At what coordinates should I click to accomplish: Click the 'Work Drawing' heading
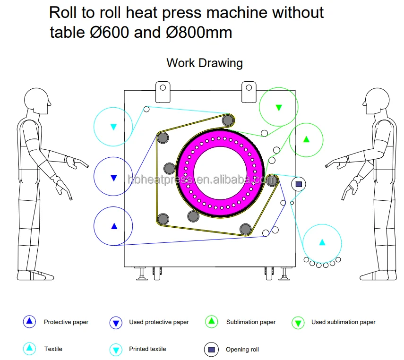click(x=205, y=63)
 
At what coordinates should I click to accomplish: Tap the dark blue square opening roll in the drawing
click(x=299, y=184)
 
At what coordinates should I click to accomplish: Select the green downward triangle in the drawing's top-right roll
click(x=279, y=108)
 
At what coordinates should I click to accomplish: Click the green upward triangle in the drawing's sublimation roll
click(x=306, y=139)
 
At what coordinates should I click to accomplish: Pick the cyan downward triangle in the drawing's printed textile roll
click(x=113, y=127)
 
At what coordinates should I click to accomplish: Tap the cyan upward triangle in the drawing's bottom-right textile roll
click(x=322, y=242)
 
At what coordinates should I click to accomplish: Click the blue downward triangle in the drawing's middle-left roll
click(x=113, y=178)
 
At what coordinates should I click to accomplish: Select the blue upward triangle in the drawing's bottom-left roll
click(x=114, y=226)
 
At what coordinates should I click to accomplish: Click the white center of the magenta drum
click(x=220, y=171)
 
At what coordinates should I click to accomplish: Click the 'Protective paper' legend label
click(x=66, y=322)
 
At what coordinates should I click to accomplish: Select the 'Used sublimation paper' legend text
click(x=343, y=322)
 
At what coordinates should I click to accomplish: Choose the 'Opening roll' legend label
click(x=243, y=350)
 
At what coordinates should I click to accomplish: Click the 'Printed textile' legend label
click(x=147, y=349)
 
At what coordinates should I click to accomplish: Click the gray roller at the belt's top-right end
click(x=228, y=120)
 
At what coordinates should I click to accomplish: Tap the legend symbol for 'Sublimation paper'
click(x=211, y=322)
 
